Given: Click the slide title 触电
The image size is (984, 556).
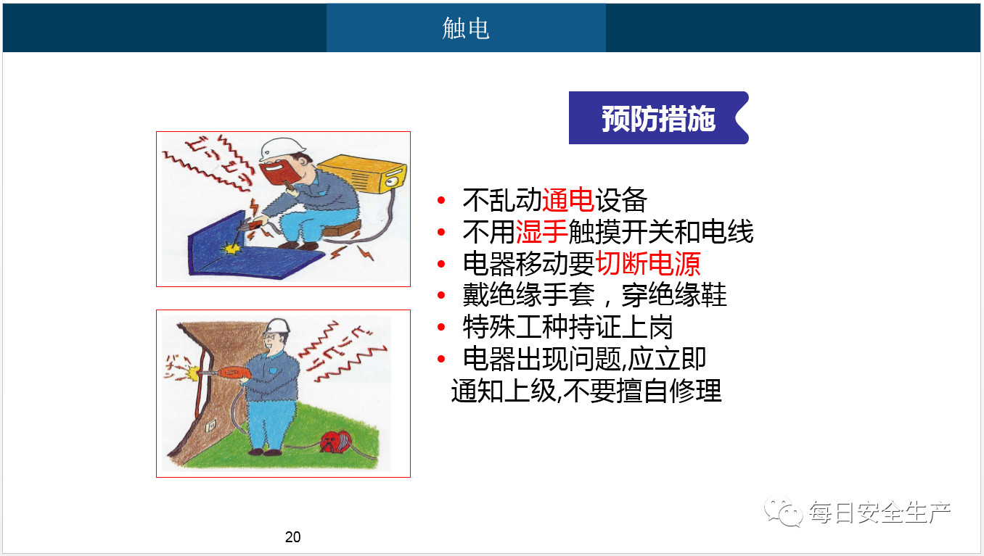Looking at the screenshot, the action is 466,28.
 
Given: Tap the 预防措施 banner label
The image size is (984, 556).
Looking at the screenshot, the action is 658,118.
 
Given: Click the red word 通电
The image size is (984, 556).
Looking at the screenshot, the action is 568,199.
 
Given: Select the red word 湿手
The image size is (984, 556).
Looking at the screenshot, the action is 541,231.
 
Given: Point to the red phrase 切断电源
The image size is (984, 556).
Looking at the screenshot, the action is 648,263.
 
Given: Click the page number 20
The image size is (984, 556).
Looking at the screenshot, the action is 293,536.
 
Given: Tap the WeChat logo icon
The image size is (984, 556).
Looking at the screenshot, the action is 783,512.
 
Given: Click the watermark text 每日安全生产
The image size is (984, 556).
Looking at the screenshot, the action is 880,512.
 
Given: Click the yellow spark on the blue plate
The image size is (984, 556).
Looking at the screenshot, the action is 231,249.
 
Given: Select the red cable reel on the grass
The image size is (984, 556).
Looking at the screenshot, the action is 336,441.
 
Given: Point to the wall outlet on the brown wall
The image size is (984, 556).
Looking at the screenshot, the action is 211,425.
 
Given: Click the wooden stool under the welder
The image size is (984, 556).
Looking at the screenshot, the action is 342,229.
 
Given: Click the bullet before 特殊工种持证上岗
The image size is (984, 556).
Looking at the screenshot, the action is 441,327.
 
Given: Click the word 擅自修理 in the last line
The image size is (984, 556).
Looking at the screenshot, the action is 668,391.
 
